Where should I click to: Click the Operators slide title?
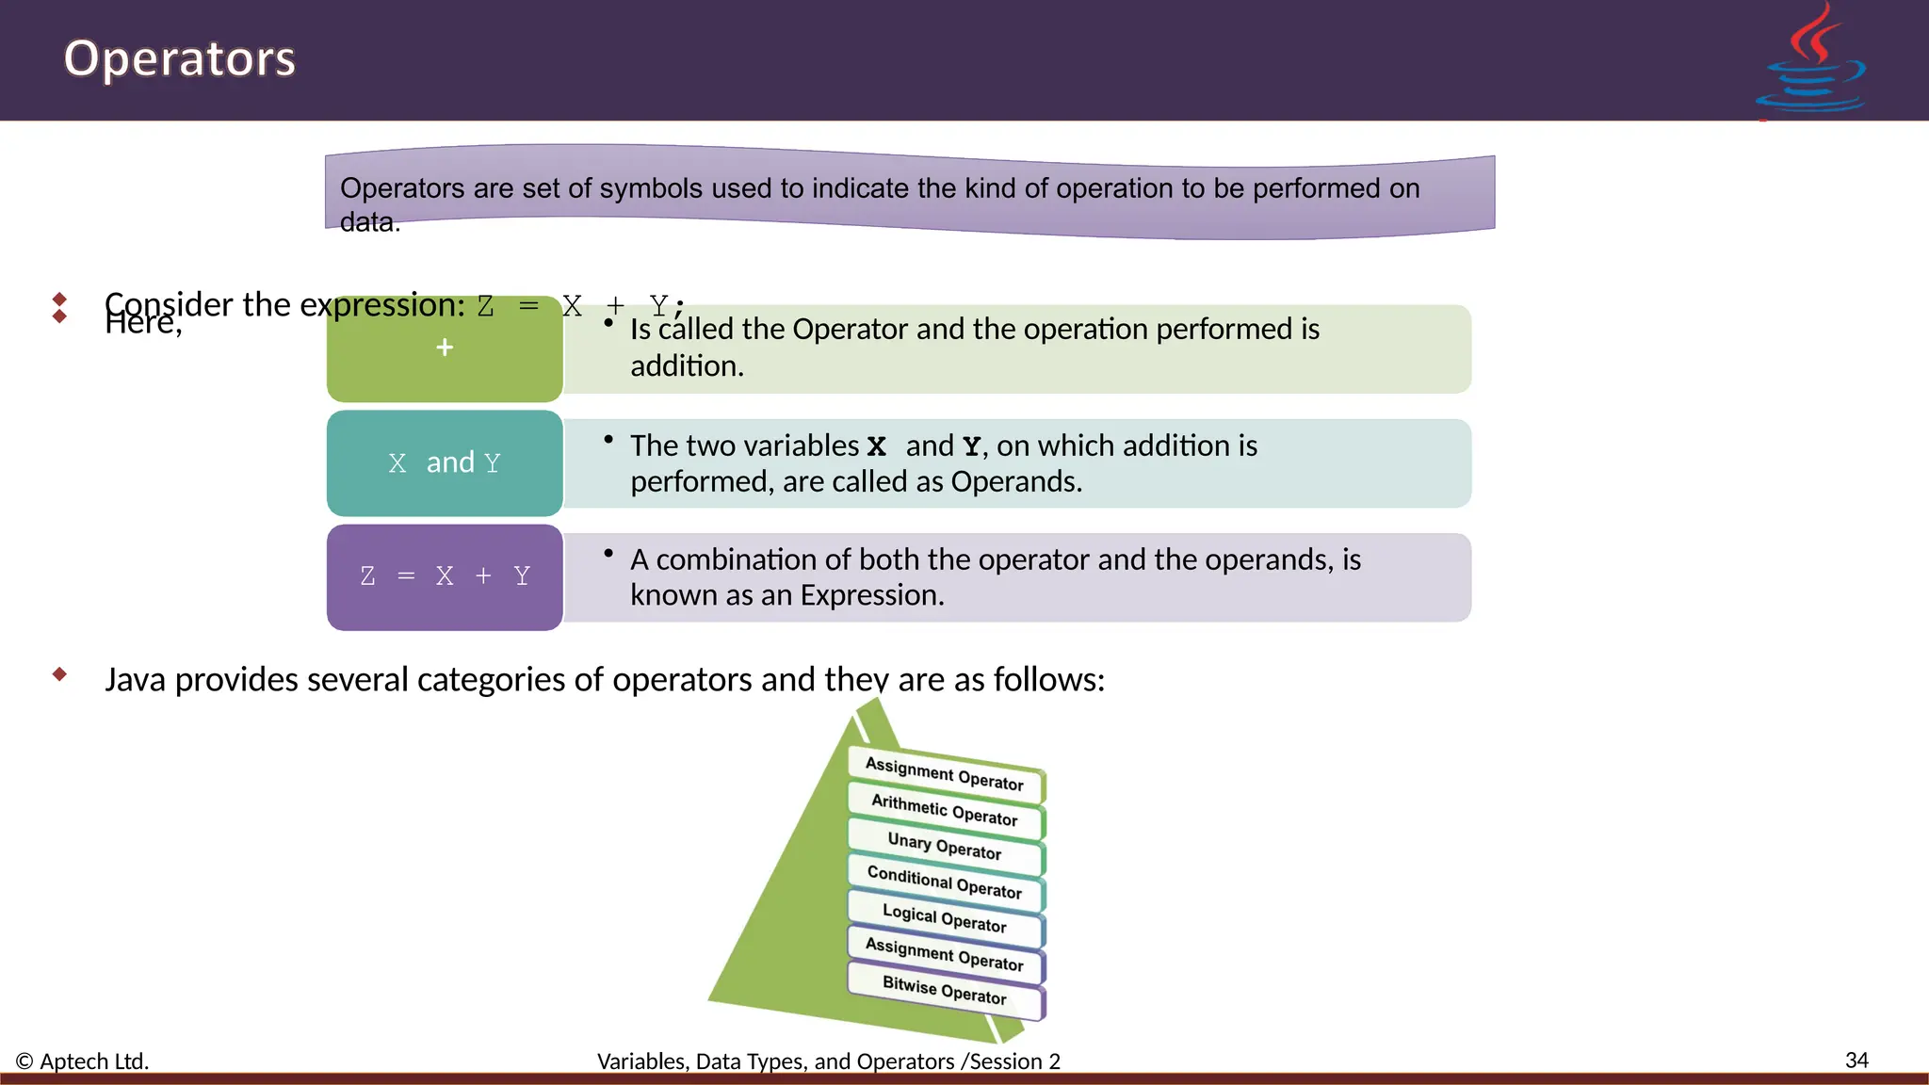pyautogui.click(x=179, y=58)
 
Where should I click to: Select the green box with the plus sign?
pyautogui.click(x=445, y=348)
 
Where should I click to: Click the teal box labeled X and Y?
pyautogui.click(x=445, y=462)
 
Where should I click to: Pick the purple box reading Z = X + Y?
pyautogui.click(x=445, y=576)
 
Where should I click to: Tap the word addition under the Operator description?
pyautogui.click(x=686, y=365)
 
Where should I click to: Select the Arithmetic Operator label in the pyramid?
pyautogui.click(x=945, y=810)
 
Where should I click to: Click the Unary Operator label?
pyautogui.click(x=945, y=846)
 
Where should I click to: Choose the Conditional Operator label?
pyautogui.click(x=945, y=883)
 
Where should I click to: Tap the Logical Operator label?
pyautogui.click(x=945, y=918)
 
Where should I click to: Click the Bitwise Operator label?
pyautogui.click(x=945, y=990)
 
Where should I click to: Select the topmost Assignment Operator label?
pyautogui.click(x=945, y=773)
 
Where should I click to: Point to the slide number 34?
pyautogui.click(x=1856, y=1060)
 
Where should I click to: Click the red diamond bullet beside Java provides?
pyautogui.click(x=60, y=673)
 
